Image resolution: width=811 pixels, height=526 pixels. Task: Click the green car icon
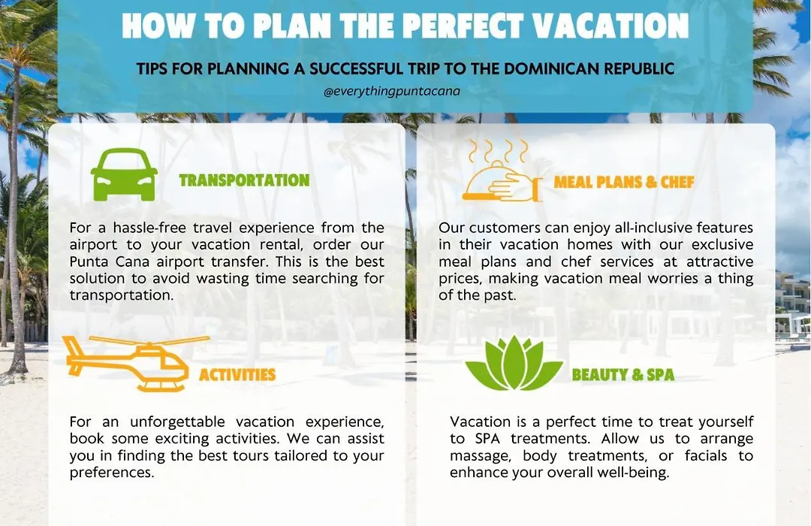pyautogui.click(x=124, y=174)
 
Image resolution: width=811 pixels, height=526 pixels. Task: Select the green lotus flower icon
pyautogui.click(x=514, y=363)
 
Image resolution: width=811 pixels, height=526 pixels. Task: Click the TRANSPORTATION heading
pyautogui.click(x=244, y=180)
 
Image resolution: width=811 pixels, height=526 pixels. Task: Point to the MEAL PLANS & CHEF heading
pyautogui.click(x=624, y=182)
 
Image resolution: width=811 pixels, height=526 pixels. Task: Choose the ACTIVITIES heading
pyautogui.click(x=237, y=374)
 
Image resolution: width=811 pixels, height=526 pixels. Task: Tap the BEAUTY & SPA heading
pyautogui.click(x=623, y=374)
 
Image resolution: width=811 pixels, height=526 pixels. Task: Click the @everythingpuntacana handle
pyautogui.click(x=391, y=92)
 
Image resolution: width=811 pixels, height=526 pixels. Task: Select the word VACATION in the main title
pyautogui.click(x=611, y=26)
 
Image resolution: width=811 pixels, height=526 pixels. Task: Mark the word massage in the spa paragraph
pyautogui.click(x=481, y=457)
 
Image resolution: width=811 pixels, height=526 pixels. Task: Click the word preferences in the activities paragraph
pyautogui.click(x=112, y=473)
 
